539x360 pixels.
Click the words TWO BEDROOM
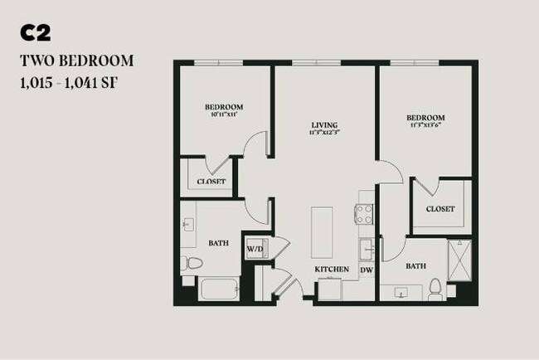[x=77, y=61]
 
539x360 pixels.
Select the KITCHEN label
[x=331, y=270]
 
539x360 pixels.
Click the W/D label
[x=254, y=248]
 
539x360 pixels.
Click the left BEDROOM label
[x=224, y=107]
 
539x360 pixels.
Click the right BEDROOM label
[x=426, y=118]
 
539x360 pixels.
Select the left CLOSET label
[x=211, y=182]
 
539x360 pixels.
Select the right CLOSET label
[x=440, y=209]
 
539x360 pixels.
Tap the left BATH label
[x=218, y=243]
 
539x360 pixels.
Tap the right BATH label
[x=415, y=267]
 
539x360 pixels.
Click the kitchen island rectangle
[x=322, y=231]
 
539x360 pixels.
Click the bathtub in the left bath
[x=219, y=289]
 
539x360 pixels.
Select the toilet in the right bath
[x=435, y=289]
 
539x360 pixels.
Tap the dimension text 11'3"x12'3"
[x=325, y=132]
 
